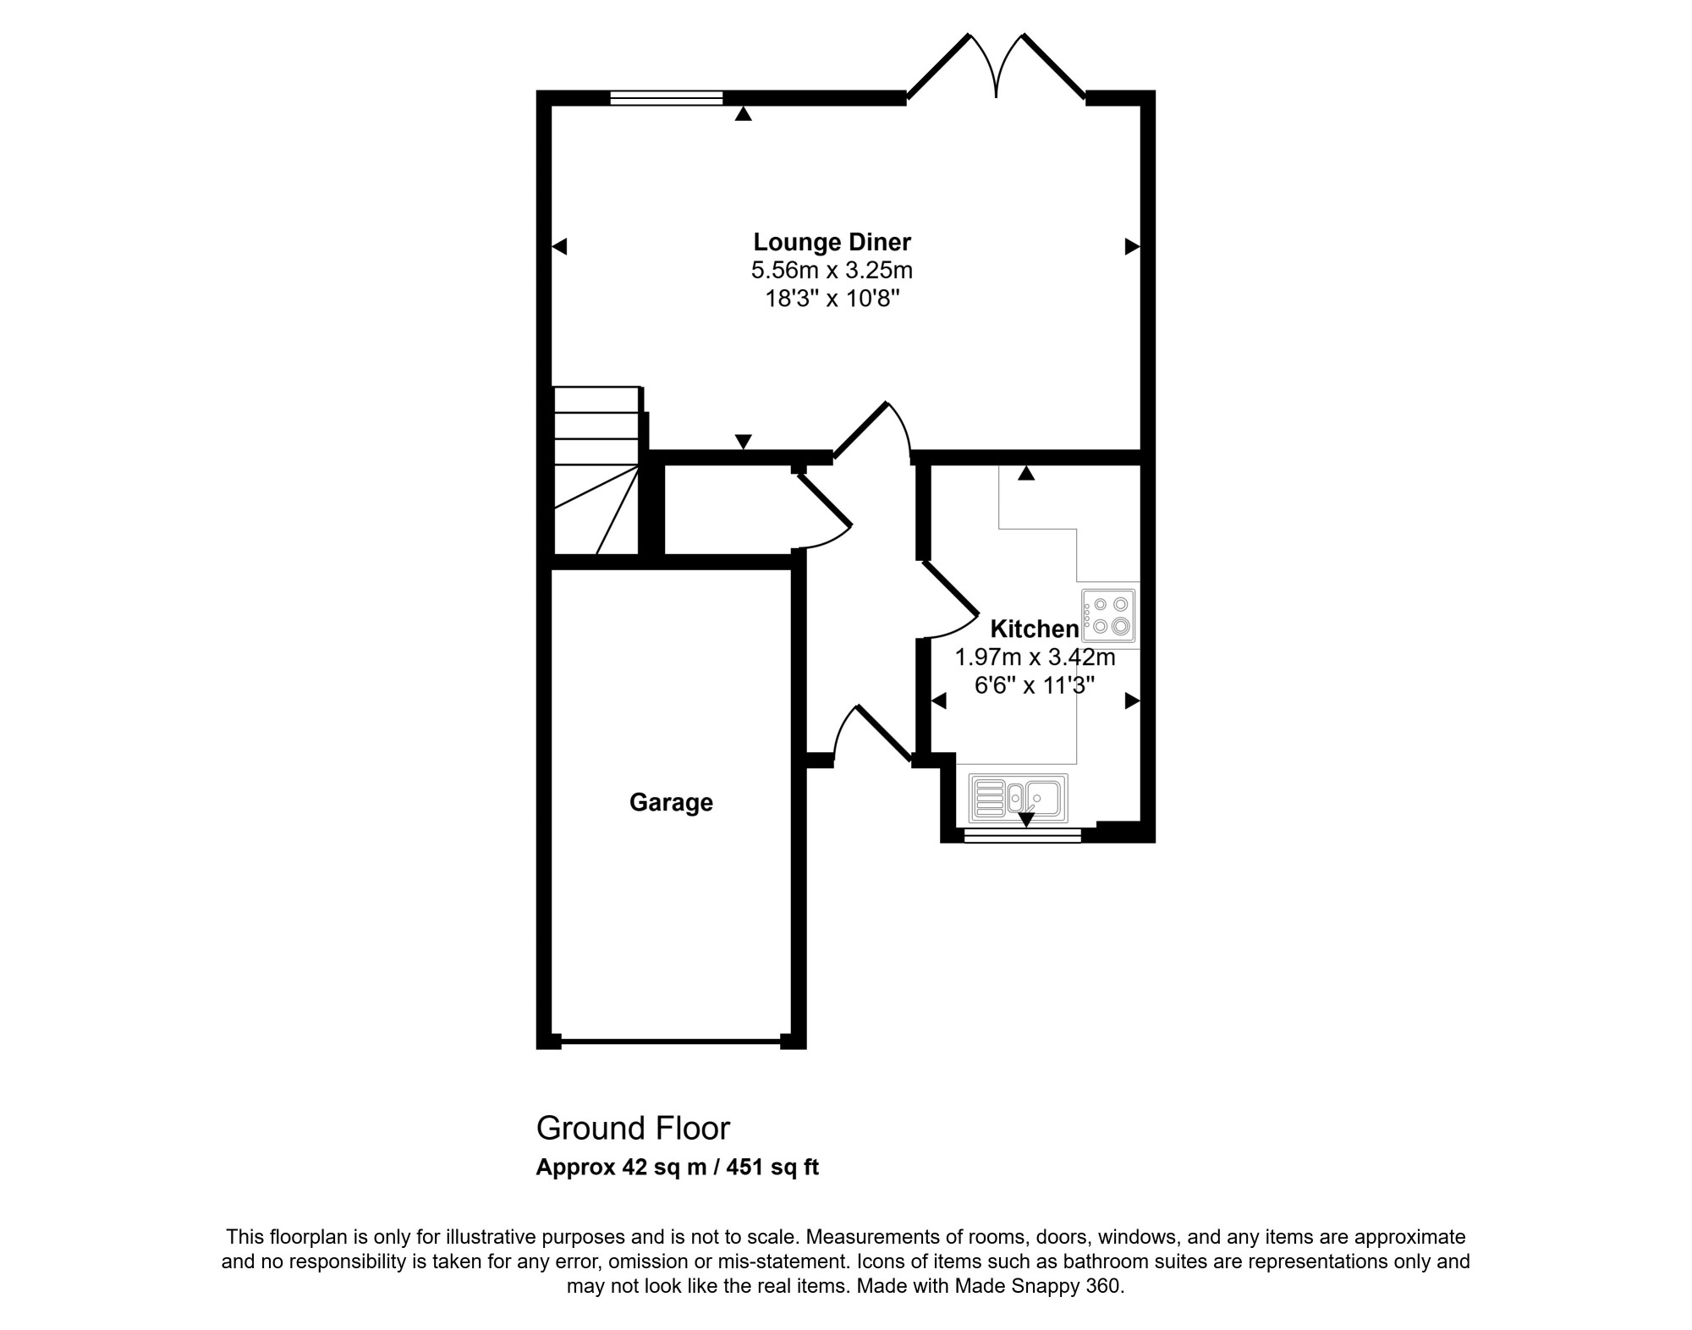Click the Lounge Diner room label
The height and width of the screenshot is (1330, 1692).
click(832, 243)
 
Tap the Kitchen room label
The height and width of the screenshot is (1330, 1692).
click(1035, 629)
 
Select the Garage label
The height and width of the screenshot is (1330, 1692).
click(671, 802)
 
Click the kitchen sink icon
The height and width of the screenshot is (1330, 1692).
click(1019, 799)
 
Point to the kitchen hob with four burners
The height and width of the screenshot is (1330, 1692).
click(1108, 615)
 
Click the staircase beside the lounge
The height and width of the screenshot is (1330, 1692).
click(596, 470)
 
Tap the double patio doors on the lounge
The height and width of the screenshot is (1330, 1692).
click(997, 68)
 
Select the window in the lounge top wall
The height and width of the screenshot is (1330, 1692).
click(667, 98)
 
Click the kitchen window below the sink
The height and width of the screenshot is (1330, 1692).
click(1023, 835)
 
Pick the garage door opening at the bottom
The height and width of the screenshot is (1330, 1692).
click(670, 1041)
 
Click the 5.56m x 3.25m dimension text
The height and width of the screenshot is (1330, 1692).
click(832, 271)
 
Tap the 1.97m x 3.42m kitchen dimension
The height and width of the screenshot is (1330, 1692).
click(1035, 657)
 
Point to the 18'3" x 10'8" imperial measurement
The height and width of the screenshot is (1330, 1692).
click(832, 299)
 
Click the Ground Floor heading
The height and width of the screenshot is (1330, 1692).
click(633, 1129)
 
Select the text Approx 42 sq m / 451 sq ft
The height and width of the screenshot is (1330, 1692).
click(677, 1168)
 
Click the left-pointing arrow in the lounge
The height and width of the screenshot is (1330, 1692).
click(559, 246)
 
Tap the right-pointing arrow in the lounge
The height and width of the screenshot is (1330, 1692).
click(1132, 246)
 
